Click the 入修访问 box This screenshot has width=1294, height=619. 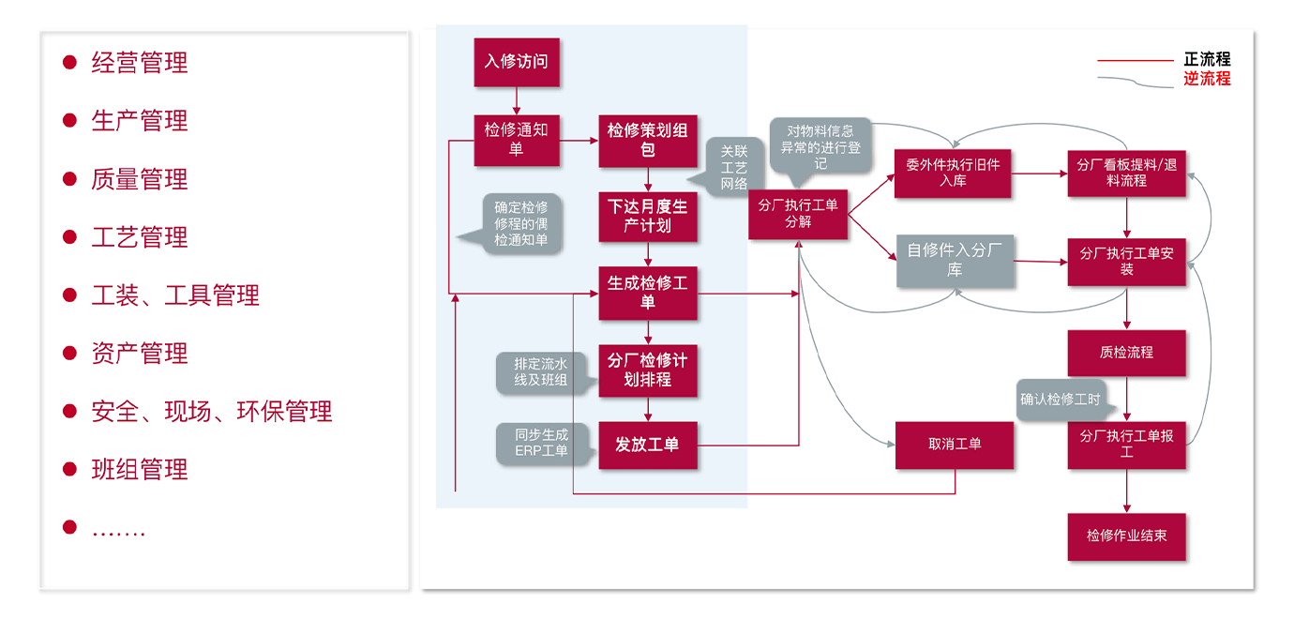pos(516,62)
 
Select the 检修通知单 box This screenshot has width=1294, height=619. pos(516,140)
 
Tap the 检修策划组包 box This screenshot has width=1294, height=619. pos(647,140)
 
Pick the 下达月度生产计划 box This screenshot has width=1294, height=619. pos(647,216)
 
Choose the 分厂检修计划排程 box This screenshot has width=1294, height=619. pos(647,370)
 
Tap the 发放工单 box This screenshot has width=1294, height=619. pos(647,445)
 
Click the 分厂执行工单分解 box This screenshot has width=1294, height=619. pos(798,213)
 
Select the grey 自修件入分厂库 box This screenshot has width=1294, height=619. pos(955,260)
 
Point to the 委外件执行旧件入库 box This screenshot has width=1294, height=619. pos(953,173)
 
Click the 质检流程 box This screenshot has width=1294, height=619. pos(1126,353)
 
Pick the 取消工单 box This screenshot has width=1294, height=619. pos(955,445)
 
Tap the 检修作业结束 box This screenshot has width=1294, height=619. pos(1126,536)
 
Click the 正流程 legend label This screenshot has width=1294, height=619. pos(1207,60)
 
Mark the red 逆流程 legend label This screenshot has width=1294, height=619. pos(1207,79)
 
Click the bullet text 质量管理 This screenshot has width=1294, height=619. pos(140,179)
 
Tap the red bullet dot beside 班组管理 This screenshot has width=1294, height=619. pos(69,469)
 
